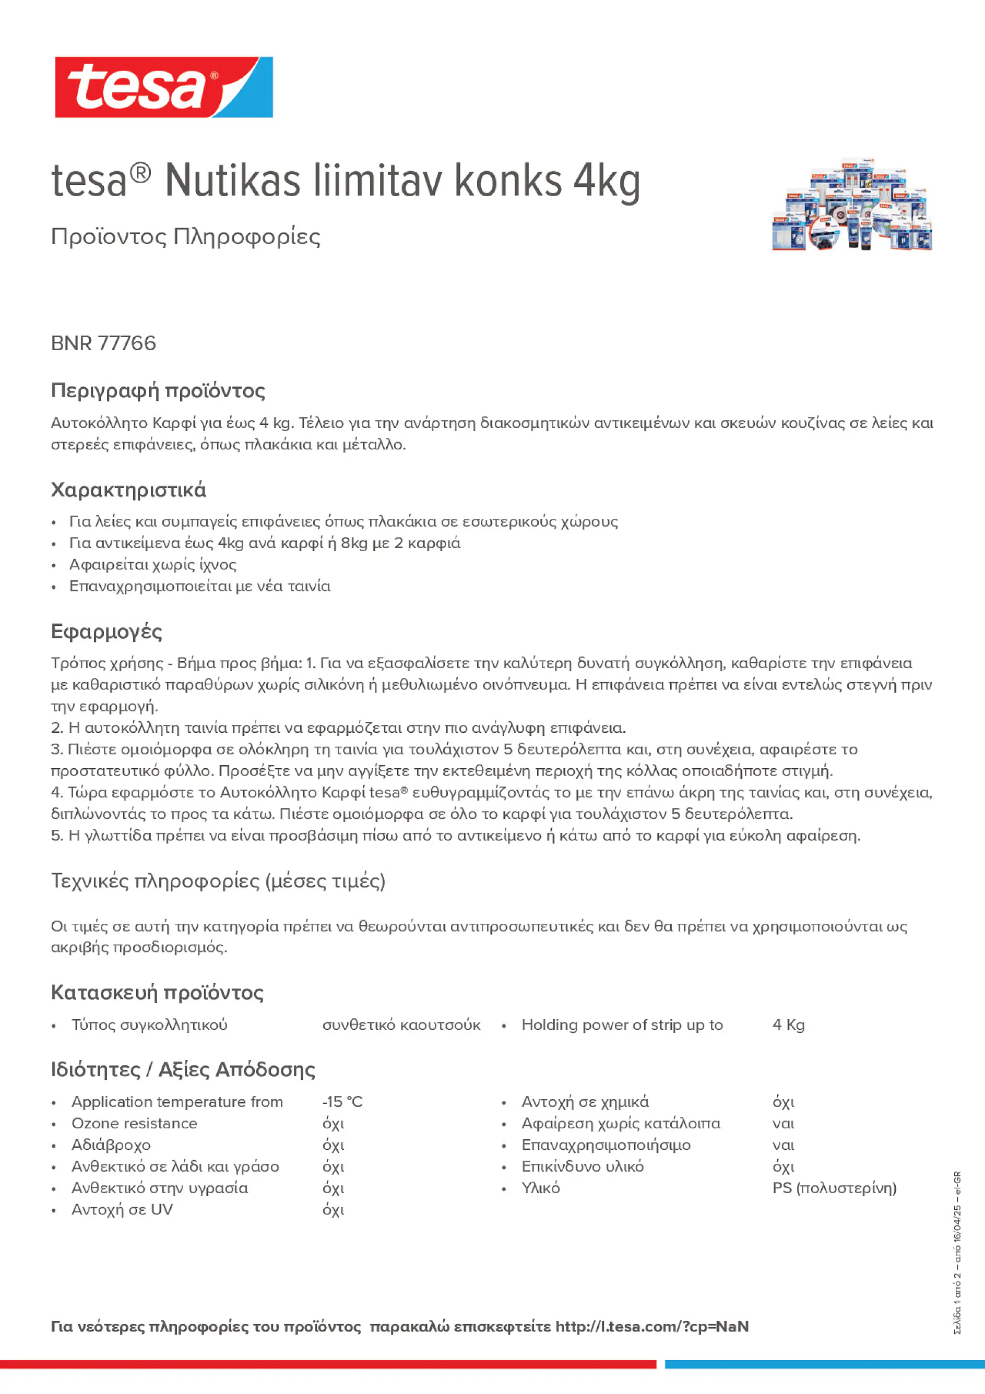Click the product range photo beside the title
coord(851,205)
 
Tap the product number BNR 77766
coord(103,343)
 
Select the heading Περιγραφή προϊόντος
coord(158,390)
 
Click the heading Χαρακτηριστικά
coord(128,490)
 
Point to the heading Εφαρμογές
coord(106,632)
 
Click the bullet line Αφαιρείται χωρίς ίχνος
coord(152,565)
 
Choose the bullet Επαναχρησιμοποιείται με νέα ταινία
coord(199,587)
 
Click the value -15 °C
coord(342,1102)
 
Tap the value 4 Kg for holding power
coord(788,1025)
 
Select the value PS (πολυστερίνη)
coord(834,1188)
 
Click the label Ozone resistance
coord(134,1123)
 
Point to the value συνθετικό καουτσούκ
coord(401,1025)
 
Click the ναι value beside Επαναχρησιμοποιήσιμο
coord(783,1145)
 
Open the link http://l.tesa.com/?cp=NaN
coord(651,1327)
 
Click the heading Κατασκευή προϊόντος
coord(157,993)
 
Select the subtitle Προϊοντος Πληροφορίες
coord(185,237)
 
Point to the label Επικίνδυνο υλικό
coord(583,1166)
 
